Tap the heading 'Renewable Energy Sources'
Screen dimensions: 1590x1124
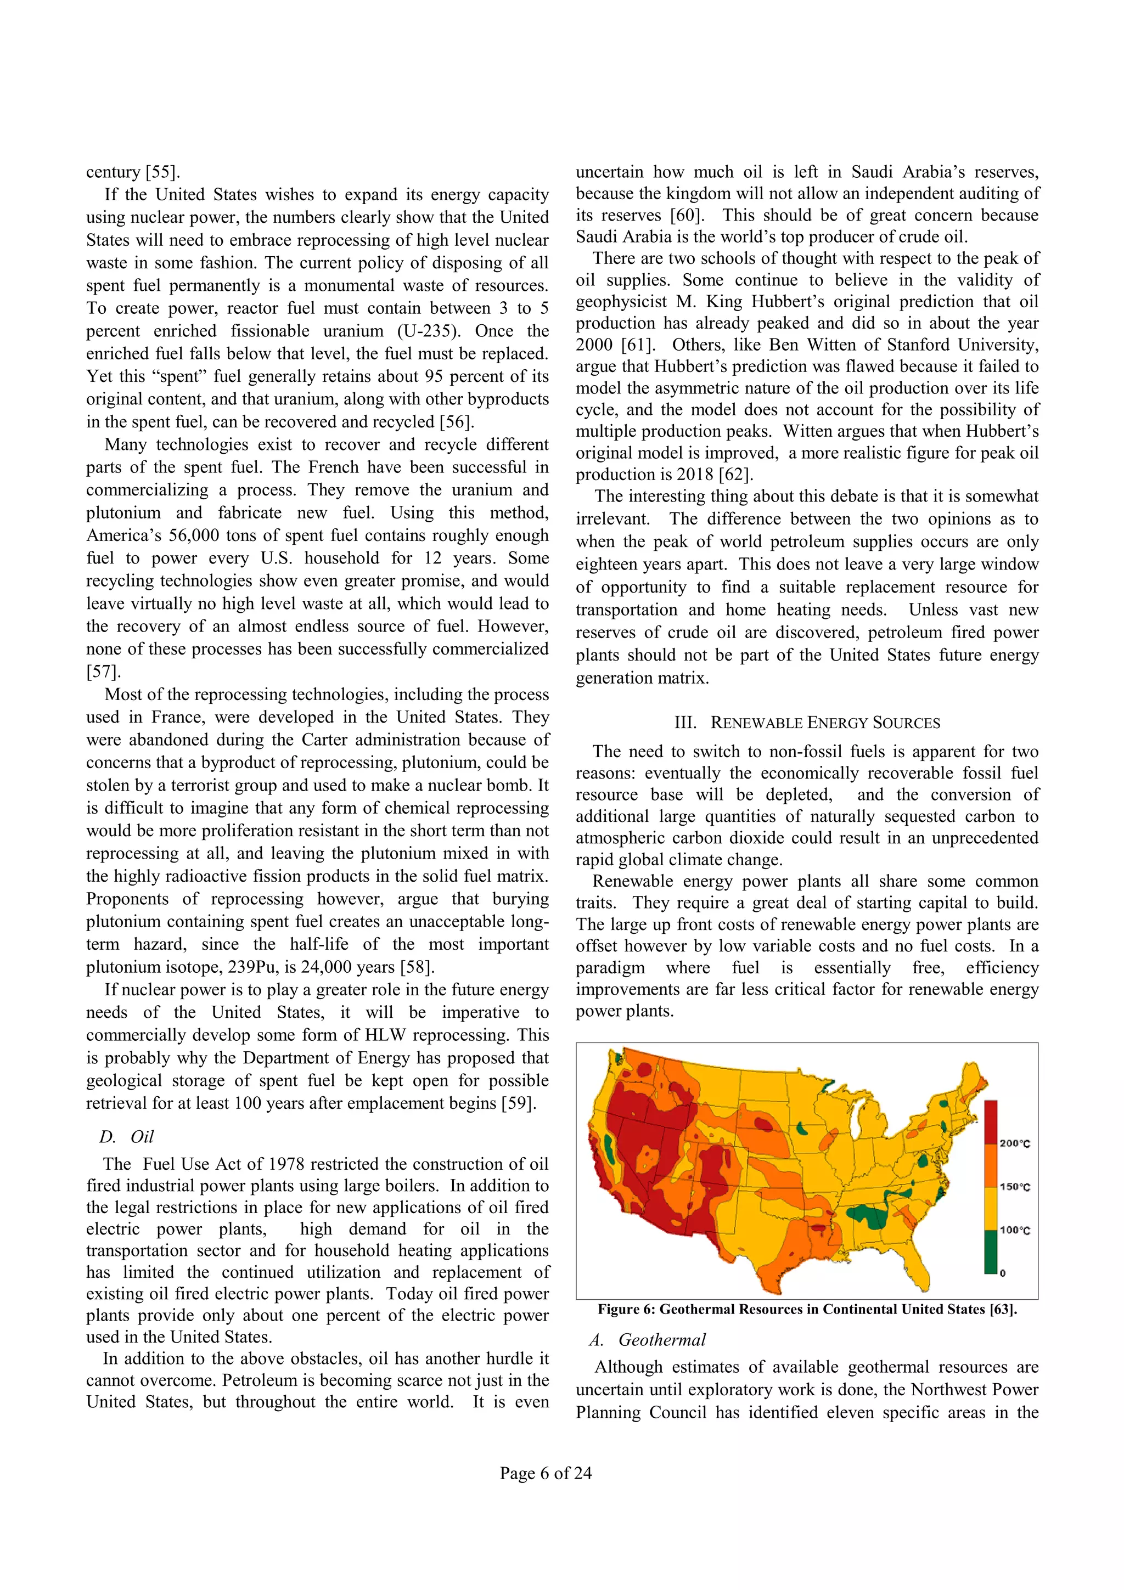tap(807, 723)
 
